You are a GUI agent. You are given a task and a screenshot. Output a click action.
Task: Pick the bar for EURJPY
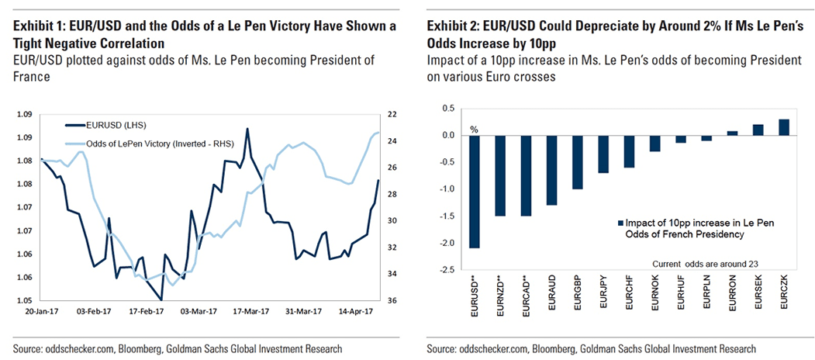point(602,154)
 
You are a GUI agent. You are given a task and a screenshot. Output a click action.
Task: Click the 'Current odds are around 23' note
point(706,264)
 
